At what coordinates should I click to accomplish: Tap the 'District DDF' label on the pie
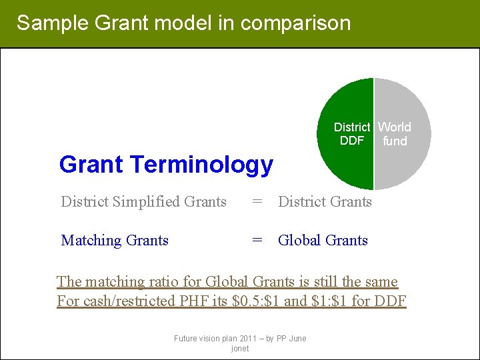click(351, 134)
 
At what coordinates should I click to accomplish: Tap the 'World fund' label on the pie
click(395, 134)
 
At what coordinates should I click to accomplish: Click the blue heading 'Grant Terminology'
click(166, 164)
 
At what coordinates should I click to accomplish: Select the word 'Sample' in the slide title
click(53, 23)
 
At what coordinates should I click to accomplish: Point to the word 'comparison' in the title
click(295, 23)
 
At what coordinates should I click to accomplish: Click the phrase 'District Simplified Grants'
click(143, 201)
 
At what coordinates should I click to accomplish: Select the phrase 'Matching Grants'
click(115, 240)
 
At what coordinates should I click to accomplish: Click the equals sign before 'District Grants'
click(257, 201)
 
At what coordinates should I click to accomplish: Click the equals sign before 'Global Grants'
click(257, 240)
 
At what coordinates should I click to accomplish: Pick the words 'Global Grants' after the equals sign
click(323, 240)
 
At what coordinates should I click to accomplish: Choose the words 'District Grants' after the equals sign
click(325, 201)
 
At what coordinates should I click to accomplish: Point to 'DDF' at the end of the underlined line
click(391, 301)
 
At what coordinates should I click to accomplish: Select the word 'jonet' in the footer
click(240, 349)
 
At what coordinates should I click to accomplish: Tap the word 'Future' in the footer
click(186, 339)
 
